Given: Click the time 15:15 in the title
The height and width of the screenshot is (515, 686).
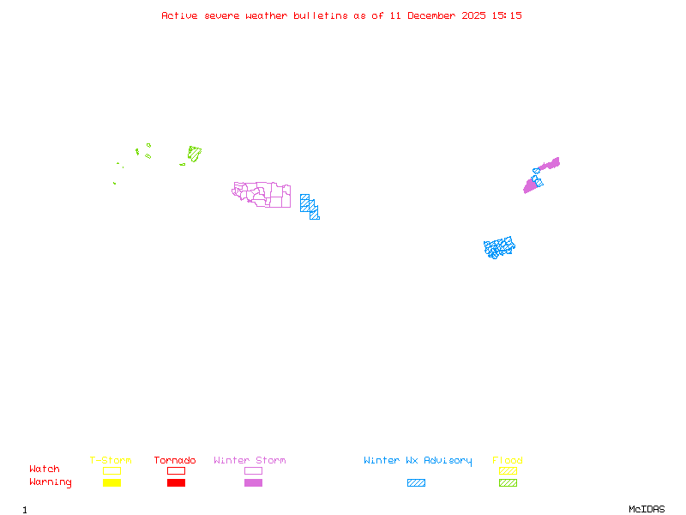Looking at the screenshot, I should [x=508, y=15].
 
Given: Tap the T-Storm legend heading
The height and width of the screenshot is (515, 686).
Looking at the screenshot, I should [x=111, y=461].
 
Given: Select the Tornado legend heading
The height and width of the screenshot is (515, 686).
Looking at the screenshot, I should [x=175, y=461].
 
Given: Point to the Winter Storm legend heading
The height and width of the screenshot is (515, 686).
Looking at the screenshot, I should [x=250, y=461].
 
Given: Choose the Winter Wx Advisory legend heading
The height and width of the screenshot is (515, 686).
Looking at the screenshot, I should [x=418, y=461].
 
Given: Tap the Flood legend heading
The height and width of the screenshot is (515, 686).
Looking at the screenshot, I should [x=508, y=461].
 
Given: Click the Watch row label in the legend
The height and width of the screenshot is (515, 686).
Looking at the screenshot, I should [x=45, y=470].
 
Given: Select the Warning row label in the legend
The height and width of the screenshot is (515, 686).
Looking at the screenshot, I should [x=51, y=482].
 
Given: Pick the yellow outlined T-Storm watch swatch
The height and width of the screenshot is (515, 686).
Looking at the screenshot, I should [x=111, y=470].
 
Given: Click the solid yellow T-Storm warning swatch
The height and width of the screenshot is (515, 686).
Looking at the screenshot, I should [x=111, y=483].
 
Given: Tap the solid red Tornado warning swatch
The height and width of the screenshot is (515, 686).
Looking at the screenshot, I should [x=176, y=483].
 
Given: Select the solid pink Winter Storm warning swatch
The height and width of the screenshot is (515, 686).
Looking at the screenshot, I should [x=253, y=483].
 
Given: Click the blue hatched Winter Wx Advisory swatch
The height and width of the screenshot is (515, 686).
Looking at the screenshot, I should [x=416, y=483].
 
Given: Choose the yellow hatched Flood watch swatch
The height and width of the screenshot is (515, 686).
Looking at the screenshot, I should [x=508, y=470].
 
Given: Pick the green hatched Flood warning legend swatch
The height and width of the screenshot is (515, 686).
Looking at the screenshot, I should [x=508, y=483].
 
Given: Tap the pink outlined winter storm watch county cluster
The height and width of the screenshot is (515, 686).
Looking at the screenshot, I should [x=262, y=194].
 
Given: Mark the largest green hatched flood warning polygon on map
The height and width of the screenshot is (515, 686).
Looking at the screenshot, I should [x=195, y=154].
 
